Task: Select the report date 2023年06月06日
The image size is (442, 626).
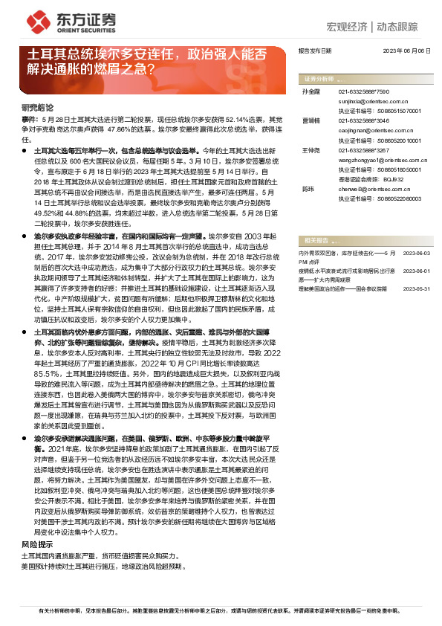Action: pyautogui.click(x=406, y=51)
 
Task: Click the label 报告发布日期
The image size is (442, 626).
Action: pyautogui.click(x=314, y=51)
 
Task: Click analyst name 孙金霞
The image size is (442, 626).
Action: pyautogui.click(x=309, y=90)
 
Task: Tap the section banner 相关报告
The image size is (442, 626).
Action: pyautogui.click(x=316, y=241)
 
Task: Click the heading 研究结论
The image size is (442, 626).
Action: pyautogui.click(x=36, y=107)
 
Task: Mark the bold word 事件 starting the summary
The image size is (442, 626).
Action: pyautogui.click(x=29, y=119)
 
